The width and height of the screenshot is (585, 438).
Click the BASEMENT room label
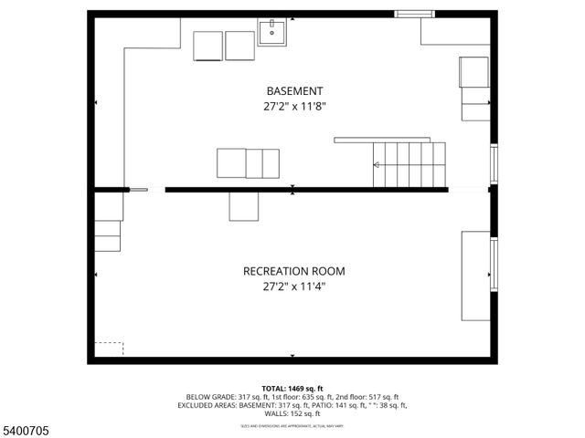coord(293,91)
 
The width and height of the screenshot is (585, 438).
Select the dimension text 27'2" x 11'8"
coord(293,106)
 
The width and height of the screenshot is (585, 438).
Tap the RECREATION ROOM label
coord(293,271)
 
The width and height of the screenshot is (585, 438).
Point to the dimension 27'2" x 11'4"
coord(293,286)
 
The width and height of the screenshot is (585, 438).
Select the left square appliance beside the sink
coord(208,46)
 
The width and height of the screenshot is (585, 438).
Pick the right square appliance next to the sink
coord(240,46)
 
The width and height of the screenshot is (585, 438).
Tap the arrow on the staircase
coord(377,165)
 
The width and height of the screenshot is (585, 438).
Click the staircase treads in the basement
coord(409,164)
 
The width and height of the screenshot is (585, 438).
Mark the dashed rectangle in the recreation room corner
coord(108,349)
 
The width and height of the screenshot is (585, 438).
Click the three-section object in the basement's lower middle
coord(247,162)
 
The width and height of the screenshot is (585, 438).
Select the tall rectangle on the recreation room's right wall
coord(475,276)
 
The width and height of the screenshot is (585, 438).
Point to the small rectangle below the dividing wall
coord(243,206)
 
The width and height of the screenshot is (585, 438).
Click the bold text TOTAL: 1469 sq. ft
coord(293,389)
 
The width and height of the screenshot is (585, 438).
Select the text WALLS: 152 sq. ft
coord(293,413)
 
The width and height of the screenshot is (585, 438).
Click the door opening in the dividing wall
coord(146,190)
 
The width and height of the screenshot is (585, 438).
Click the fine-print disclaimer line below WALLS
coord(293,424)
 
